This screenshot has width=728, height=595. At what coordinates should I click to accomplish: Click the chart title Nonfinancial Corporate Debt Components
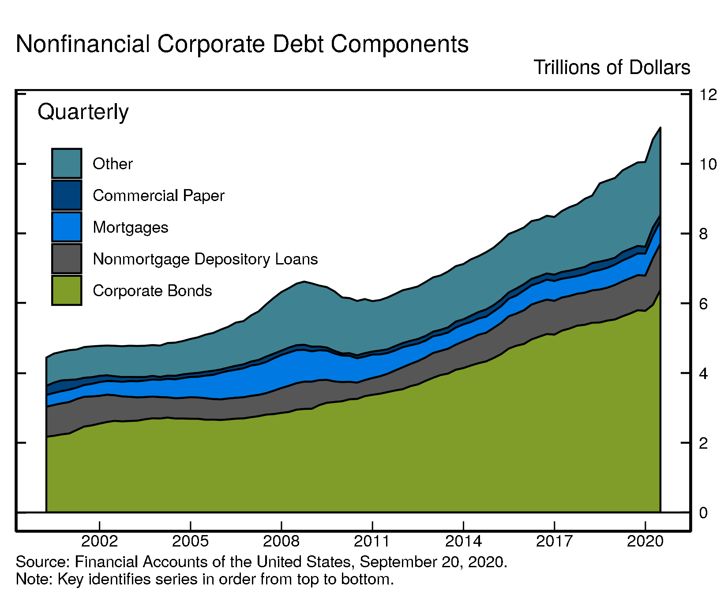coord(242,45)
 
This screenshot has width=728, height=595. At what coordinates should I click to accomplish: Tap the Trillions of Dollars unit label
coord(612,68)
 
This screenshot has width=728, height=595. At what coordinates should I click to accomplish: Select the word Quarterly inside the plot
coord(83,112)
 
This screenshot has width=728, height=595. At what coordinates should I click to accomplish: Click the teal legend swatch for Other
coord(67,164)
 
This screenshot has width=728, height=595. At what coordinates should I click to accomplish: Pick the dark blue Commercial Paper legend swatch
coord(67,195)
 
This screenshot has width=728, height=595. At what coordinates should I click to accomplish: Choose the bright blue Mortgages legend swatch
coord(67,227)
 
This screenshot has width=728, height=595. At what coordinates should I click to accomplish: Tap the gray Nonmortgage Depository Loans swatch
coord(67,259)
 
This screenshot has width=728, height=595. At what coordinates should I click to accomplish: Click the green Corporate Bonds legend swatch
coord(67,290)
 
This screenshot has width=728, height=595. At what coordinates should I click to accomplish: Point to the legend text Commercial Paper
coord(158,196)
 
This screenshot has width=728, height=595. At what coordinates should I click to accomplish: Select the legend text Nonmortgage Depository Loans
coord(205,259)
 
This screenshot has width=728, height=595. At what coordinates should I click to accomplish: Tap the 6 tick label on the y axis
coord(703,304)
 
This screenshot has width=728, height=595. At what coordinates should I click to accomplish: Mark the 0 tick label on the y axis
coord(703,513)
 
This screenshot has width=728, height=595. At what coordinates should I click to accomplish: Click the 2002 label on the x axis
coord(100,541)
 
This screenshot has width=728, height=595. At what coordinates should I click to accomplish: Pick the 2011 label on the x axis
coord(372,541)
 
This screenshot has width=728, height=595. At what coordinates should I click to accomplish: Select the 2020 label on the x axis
coord(645,541)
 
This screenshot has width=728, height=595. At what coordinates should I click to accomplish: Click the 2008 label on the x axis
coord(281,541)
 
